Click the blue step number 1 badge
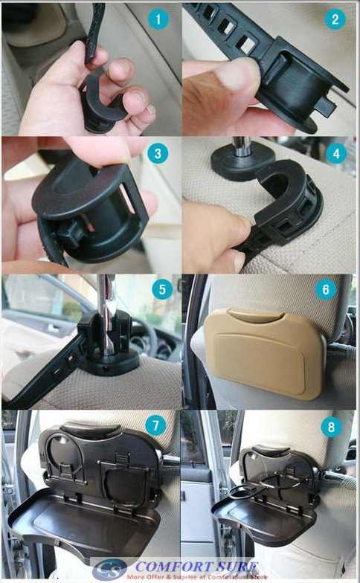158,20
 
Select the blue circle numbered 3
158,154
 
